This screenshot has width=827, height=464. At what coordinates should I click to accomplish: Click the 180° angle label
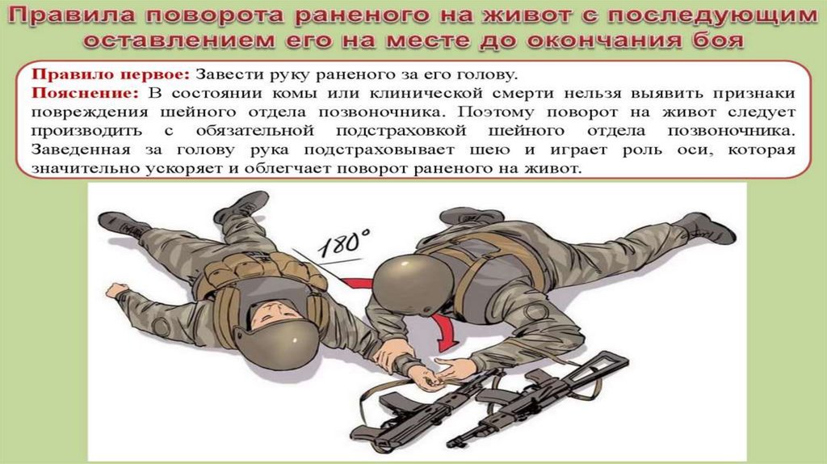click(344, 243)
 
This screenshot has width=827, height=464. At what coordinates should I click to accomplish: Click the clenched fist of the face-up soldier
click(116, 290)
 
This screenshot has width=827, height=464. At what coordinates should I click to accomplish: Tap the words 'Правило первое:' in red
click(110, 74)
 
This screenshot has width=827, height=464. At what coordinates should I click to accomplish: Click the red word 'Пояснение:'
click(85, 94)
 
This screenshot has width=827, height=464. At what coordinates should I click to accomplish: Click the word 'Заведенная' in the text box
click(81, 150)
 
